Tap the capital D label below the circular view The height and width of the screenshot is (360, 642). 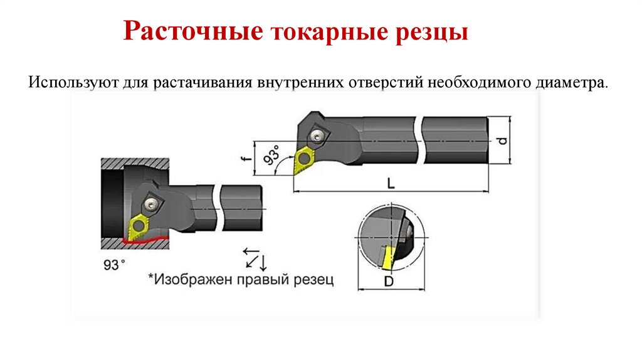pos(389,282)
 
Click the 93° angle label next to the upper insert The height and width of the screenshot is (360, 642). pos(271,156)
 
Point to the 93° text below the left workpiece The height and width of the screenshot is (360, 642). pos(112,265)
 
